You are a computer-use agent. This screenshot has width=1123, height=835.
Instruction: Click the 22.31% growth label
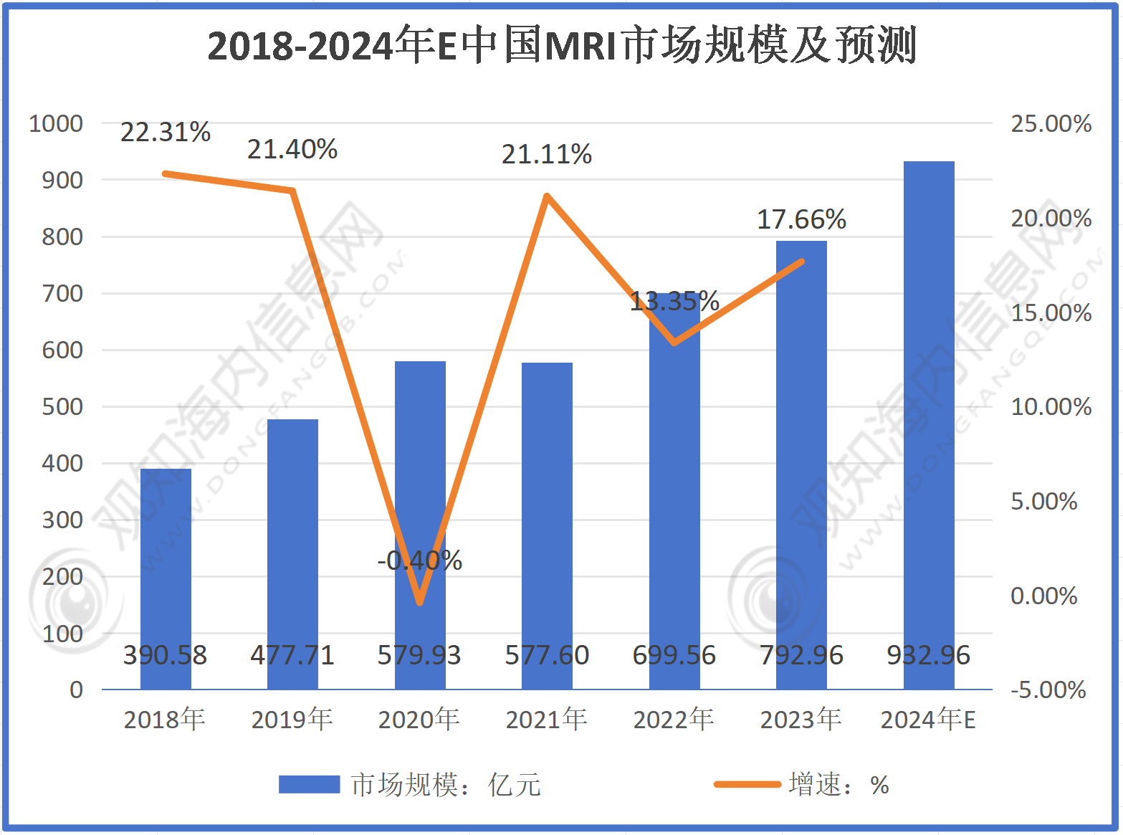[x=166, y=132]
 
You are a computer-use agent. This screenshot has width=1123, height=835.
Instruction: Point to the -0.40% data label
[x=420, y=560]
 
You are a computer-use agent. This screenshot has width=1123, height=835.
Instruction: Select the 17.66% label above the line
[x=801, y=219]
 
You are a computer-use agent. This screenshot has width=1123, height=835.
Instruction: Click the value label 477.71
[x=292, y=655]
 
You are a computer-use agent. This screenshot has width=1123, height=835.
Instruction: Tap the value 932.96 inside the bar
[x=929, y=655]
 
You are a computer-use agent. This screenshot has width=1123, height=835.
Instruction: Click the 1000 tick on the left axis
[x=56, y=123]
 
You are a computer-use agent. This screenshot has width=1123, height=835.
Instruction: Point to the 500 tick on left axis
[x=62, y=406]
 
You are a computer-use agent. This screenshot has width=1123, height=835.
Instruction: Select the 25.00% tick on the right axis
[x=1051, y=123]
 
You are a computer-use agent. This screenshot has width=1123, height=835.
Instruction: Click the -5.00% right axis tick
[x=1048, y=690]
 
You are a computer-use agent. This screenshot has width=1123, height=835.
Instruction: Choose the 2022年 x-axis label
[x=674, y=719]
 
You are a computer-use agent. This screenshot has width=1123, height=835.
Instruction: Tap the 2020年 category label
[x=419, y=719]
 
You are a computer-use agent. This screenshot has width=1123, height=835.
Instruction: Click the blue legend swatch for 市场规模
[x=309, y=784]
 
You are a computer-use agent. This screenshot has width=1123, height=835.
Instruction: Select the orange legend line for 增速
[x=747, y=784]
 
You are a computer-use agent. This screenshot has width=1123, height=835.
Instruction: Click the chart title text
[x=562, y=46]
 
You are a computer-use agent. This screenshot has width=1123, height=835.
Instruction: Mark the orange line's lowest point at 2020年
[x=420, y=603]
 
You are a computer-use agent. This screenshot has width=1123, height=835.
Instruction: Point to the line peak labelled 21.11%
[x=547, y=196]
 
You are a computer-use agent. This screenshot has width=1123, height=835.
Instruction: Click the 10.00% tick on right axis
[x=1051, y=406]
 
